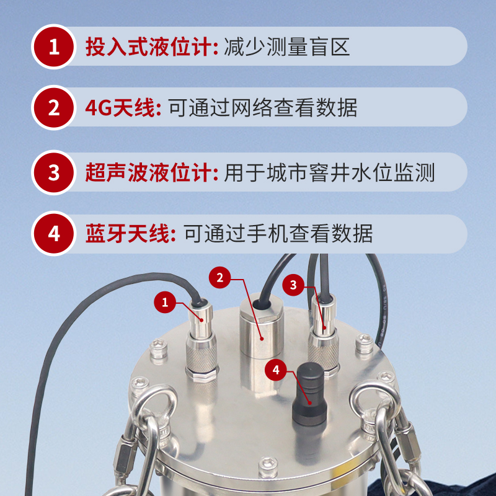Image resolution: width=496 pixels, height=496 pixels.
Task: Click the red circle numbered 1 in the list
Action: (54, 47)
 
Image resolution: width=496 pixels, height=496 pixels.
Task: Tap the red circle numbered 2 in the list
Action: (54, 108)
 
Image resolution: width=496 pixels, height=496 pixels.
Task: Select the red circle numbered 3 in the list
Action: (54, 172)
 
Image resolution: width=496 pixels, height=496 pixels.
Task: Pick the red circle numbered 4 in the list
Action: (54, 234)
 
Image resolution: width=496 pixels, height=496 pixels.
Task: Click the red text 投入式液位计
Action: (149, 47)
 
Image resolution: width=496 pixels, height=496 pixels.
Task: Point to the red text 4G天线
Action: (120, 108)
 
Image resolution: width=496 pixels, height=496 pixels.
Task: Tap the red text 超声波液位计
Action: (149, 172)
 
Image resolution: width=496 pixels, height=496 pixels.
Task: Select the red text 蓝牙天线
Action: (128, 234)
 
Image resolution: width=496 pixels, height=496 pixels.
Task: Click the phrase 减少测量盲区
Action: (287, 47)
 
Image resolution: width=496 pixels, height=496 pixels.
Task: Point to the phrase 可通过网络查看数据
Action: (263, 108)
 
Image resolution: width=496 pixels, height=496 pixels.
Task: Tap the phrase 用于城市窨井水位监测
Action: (329, 172)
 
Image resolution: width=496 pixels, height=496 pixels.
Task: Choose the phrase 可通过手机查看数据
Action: (278, 234)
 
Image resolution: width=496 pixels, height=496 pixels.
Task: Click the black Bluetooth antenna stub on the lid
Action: (309, 394)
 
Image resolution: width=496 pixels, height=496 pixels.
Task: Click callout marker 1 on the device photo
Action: (164, 303)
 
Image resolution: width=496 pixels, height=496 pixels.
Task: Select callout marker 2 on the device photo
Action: (219, 277)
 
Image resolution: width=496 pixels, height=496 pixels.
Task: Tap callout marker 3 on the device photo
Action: (293, 285)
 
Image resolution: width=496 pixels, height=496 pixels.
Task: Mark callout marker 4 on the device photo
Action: (275, 370)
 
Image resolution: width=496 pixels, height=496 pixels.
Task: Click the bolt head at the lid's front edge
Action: (268, 467)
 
